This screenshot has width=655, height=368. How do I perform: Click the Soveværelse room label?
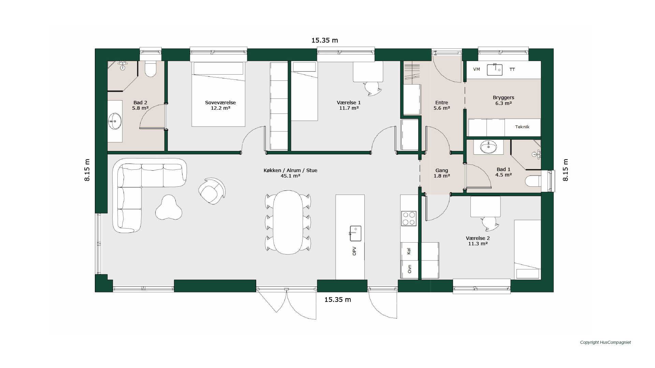[x=220, y=103]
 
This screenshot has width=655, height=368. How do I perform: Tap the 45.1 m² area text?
[x=290, y=176]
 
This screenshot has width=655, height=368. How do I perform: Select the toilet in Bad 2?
[x=150, y=69]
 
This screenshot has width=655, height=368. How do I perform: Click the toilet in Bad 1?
[x=533, y=181]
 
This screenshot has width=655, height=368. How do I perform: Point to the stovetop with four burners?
[x=409, y=218]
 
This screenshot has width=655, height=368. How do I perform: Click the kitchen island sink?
[x=355, y=233]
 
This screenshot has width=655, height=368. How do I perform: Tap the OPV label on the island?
[x=354, y=251]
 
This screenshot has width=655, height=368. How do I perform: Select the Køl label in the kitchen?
[x=409, y=251]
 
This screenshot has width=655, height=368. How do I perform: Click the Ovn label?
[x=409, y=269]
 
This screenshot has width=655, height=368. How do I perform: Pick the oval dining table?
[x=288, y=222]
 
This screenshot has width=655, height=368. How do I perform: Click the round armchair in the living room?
[x=212, y=191]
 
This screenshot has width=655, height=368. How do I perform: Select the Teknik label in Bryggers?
[x=522, y=127]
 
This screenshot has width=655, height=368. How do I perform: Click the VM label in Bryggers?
[x=477, y=69]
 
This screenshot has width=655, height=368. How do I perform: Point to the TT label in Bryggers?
[x=512, y=69]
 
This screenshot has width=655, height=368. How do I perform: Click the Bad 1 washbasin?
[x=488, y=147]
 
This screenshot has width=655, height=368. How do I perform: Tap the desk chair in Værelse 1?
[x=372, y=88]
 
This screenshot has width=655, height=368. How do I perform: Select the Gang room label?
[x=441, y=170]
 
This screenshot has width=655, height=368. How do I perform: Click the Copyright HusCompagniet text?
[x=605, y=342]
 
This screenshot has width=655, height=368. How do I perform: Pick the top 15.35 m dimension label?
[x=324, y=40]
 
